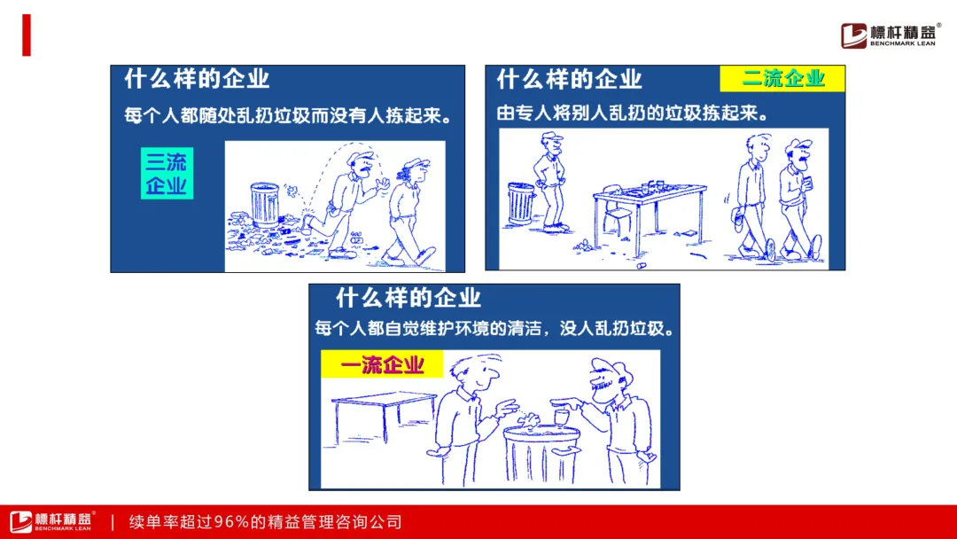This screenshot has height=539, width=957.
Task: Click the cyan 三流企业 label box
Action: pyautogui.click(x=167, y=174)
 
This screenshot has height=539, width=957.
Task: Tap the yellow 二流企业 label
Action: pyautogui.click(x=782, y=79)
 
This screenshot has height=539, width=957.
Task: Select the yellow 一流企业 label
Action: pyautogui.click(x=382, y=364)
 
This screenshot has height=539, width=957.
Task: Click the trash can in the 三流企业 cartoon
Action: pyautogui.click(x=265, y=205)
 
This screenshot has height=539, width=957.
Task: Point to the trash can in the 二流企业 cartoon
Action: pyautogui.click(x=521, y=203)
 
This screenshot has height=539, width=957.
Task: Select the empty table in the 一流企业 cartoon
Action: pyautogui.click(x=384, y=417)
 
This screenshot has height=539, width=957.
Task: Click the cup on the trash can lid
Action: pyautogui.click(x=561, y=418)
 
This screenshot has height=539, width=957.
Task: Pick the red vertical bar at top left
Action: pyautogui.click(x=27, y=35)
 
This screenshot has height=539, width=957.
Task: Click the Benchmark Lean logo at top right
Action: pyautogui.click(x=890, y=35)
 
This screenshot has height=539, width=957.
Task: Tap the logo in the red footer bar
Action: pyautogui.click(x=52, y=521)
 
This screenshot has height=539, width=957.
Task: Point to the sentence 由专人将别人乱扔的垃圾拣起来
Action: pyautogui.click(x=633, y=113)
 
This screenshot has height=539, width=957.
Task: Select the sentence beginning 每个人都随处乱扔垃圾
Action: pyautogui.click(x=288, y=114)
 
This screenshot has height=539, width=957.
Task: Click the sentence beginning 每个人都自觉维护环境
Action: pyautogui.click(x=495, y=328)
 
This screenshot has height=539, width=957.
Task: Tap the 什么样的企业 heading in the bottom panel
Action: pyautogui.click(x=408, y=298)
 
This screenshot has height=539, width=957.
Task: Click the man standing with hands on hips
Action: pyautogui.click(x=551, y=182)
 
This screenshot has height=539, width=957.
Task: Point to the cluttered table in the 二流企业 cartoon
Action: pyautogui.click(x=650, y=215)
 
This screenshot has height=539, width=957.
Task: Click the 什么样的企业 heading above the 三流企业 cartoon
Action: pyautogui.click(x=197, y=79)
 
